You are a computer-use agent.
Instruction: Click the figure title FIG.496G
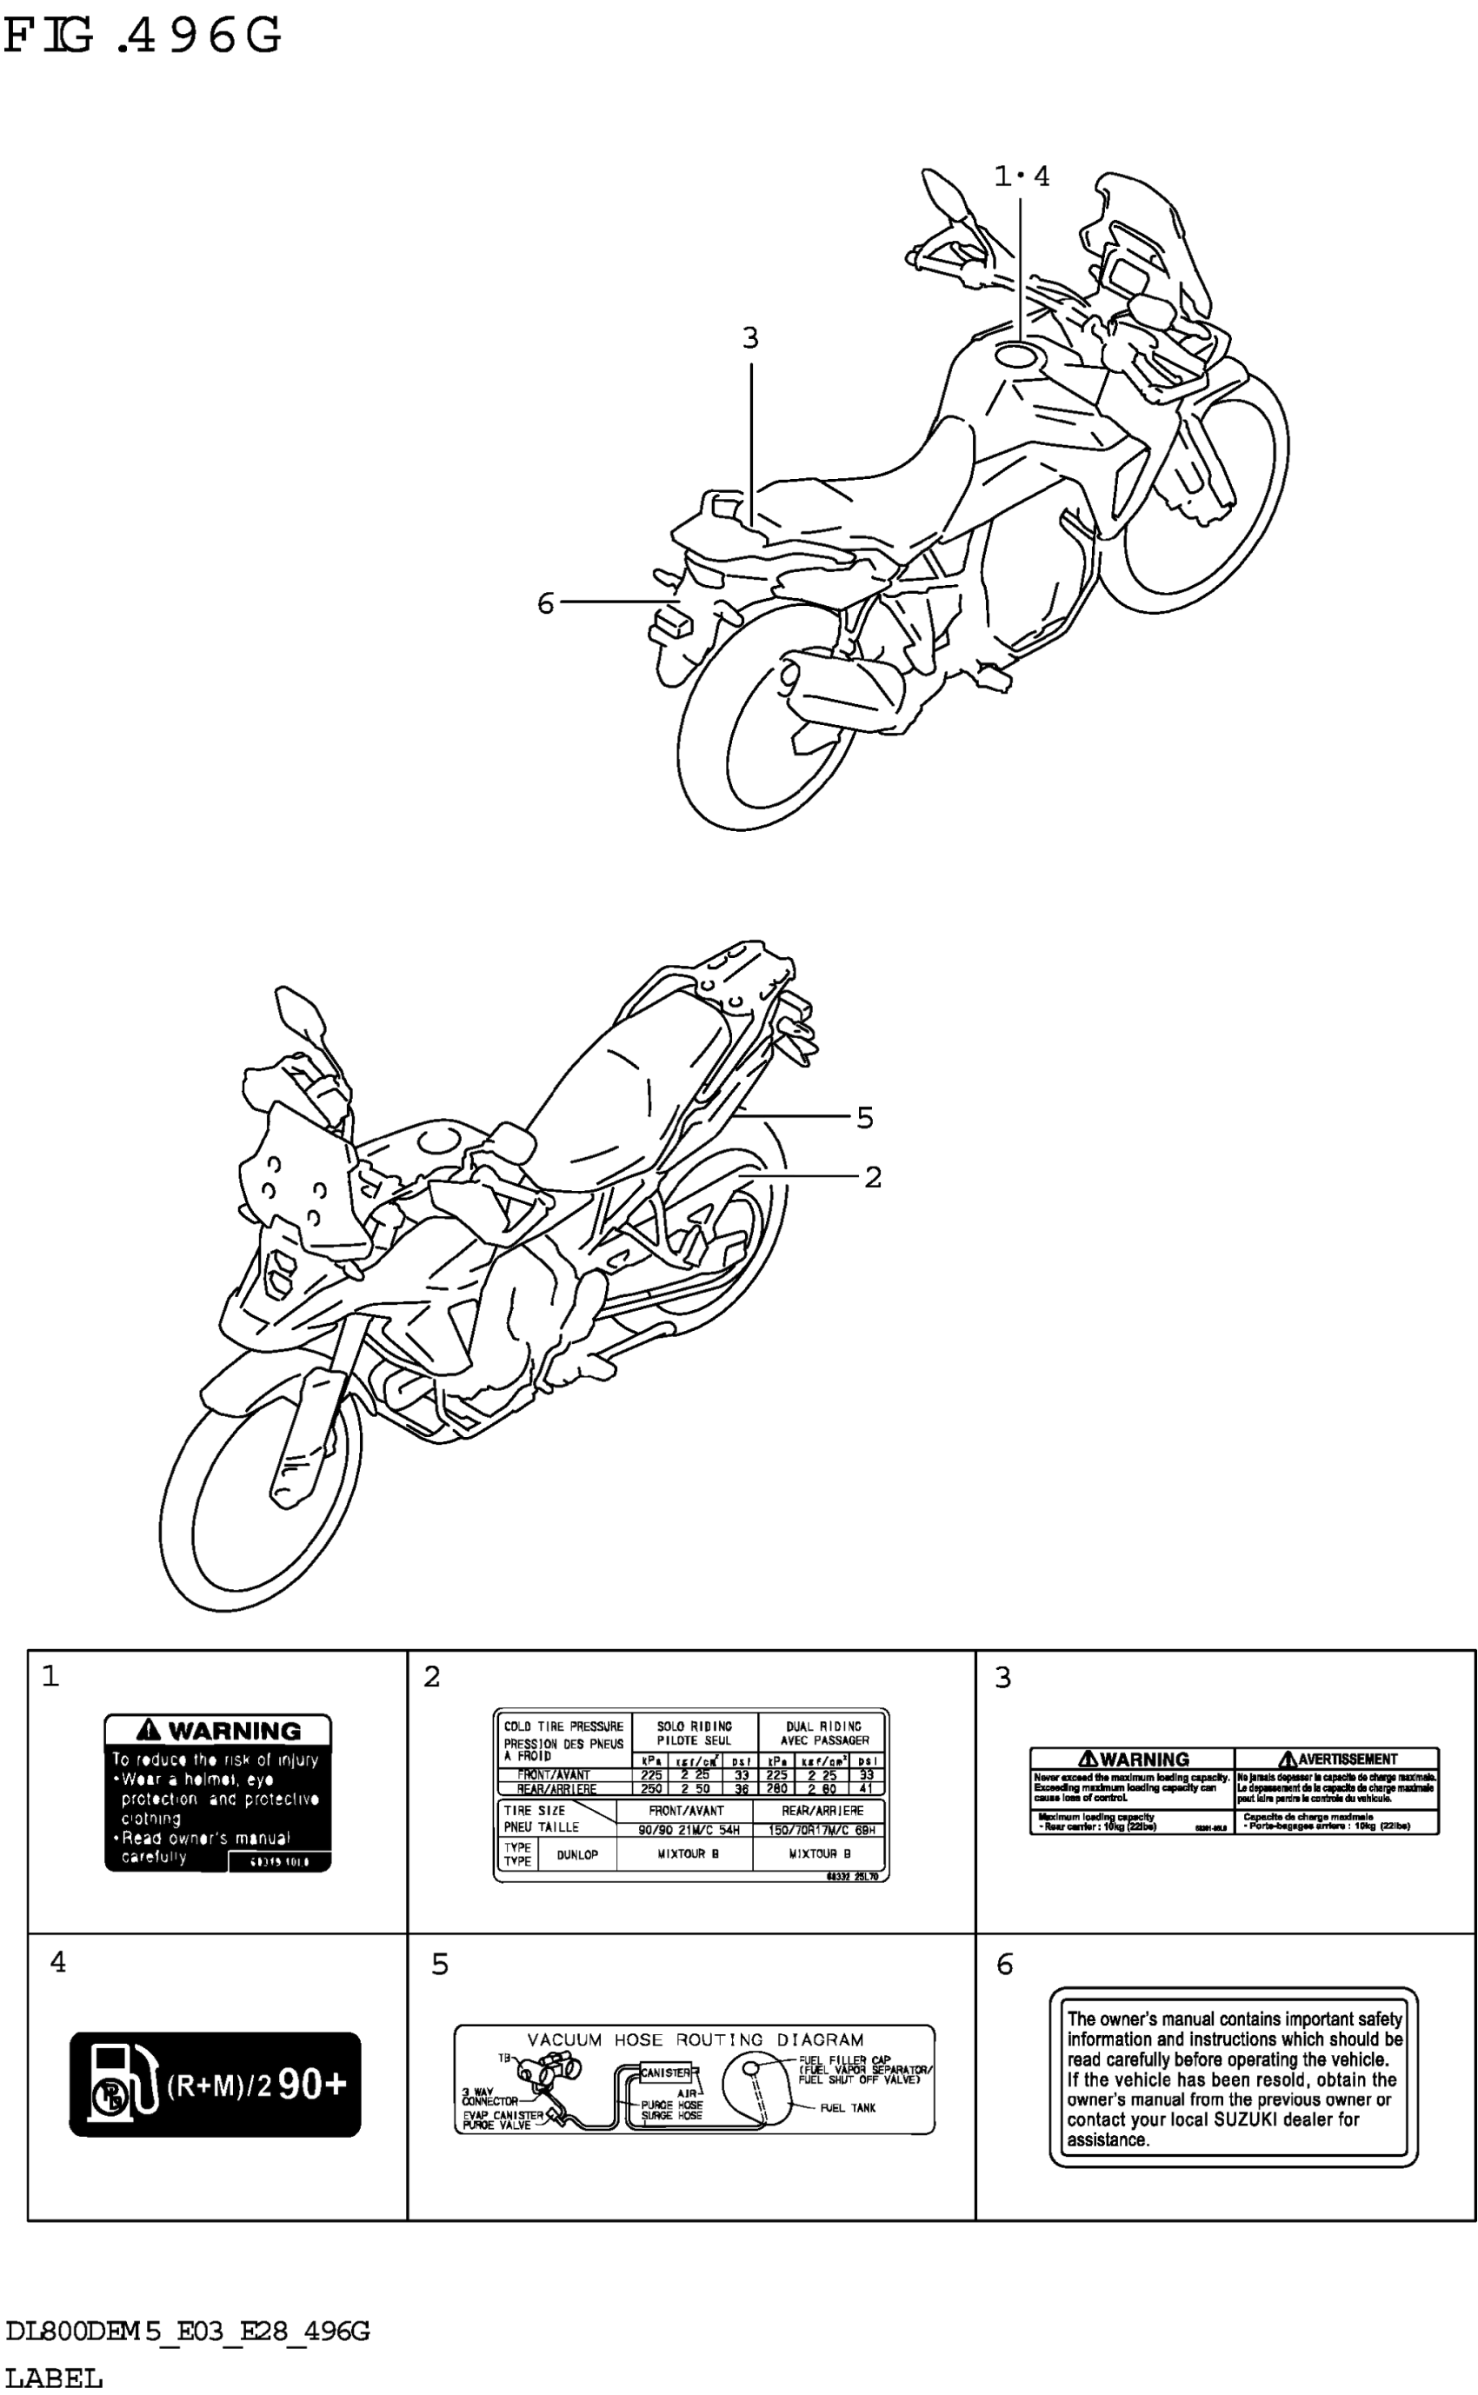pyautogui.click(x=143, y=37)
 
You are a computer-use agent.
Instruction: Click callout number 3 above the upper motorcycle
pyautogui.click(x=749, y=338)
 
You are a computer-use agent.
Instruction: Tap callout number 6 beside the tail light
pyautogui.click(x=545, y=603)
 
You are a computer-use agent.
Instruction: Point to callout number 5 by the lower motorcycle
pyautogui.click(x=864, y=1117)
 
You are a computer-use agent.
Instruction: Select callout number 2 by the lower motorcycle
pyautogui.click(x=873, y=1177)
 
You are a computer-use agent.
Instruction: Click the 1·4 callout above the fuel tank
pyautogui.click(x=1022, y=176)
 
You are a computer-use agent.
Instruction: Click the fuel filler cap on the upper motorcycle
pyautogui.click(x=1017, y=354)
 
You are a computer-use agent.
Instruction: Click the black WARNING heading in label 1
pyautogui.click(x=218, y=1730)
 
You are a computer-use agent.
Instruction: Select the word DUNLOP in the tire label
pyautogui.click(x=576, y=1853)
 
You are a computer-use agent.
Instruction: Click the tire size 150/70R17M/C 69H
pyautogui.click(x=821, y=1830)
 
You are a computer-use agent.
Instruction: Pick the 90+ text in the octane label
pyautogui.click(x=312, y=2085)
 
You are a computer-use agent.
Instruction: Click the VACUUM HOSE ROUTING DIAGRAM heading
pyautogui.click(x=695, y=2039)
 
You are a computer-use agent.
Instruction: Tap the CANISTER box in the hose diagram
pyautogui.click(x=665, y=2072)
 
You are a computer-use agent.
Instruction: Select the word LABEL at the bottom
pyautogui.click(x=54, y=2378)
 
